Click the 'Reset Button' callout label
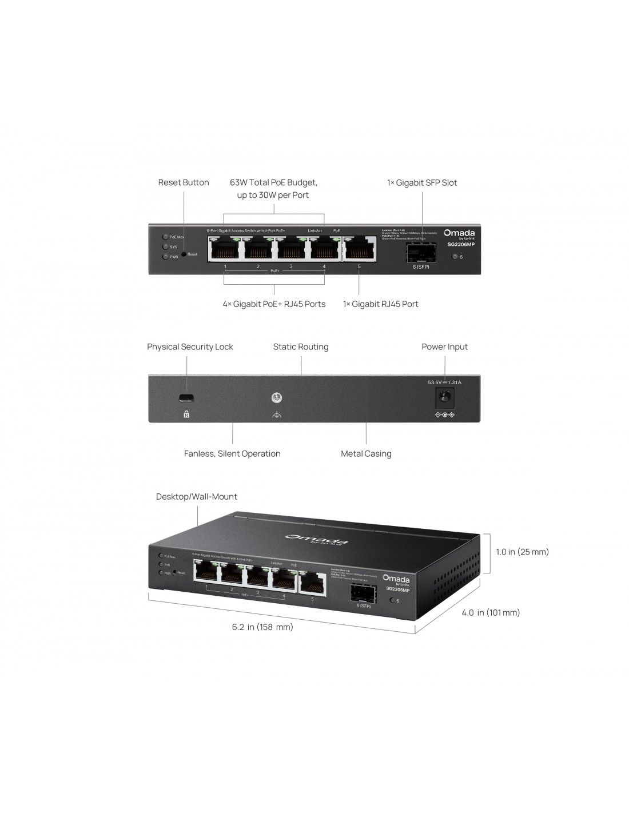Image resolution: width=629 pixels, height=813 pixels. (184, 183)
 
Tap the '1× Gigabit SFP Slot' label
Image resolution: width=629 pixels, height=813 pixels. (422, 183)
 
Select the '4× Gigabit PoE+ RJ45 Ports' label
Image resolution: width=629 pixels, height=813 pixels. (274, 304)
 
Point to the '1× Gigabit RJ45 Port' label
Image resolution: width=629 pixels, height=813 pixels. (380, 304)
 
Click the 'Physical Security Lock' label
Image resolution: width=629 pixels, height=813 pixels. (190, 347)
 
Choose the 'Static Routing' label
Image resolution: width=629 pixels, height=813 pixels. (301, 347)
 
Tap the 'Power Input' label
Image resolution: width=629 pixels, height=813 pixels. (444, 347)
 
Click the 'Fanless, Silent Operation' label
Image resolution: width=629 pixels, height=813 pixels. (232, 454)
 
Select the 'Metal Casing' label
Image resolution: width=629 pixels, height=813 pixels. (366, 454)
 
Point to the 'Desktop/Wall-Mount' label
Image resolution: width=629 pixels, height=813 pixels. (197, 497)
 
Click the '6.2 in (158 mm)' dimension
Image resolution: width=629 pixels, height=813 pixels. (262, 627)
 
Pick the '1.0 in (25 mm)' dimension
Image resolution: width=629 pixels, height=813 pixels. (522, 552)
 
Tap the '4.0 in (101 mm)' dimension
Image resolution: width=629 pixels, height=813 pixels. (491, 613)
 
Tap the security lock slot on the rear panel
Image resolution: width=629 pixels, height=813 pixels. (186, 398)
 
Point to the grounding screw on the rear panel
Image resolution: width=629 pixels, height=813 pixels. (277, 398)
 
